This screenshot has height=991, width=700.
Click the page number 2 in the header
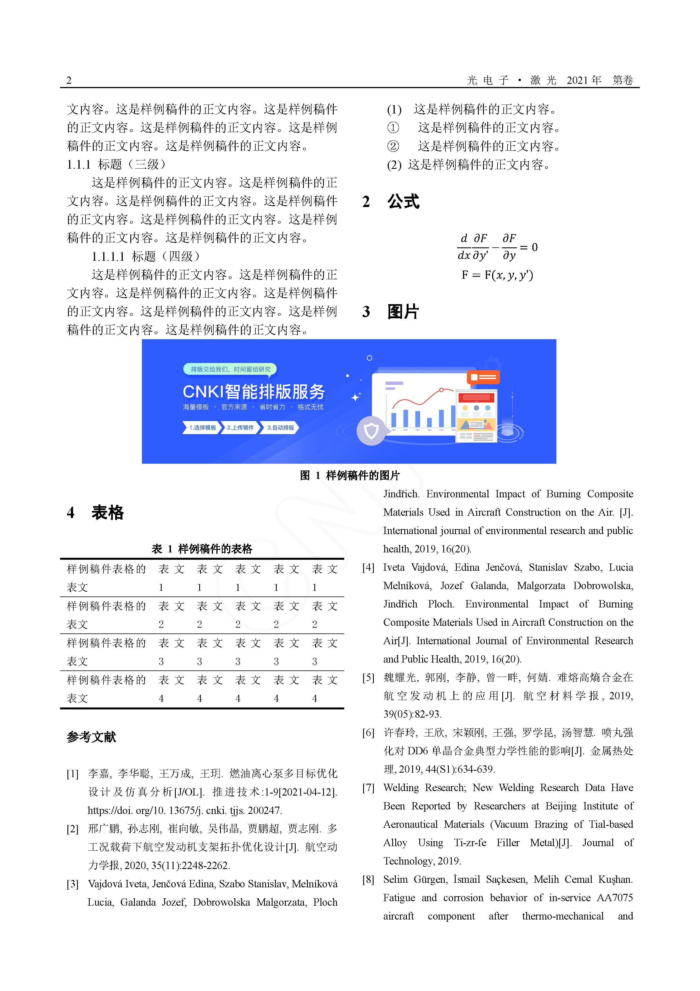click(69, 80)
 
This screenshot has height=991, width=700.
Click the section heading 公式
click(403, 202)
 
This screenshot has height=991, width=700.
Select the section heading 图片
click(403, 312)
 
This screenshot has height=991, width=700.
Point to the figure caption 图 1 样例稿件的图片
click(350, 476)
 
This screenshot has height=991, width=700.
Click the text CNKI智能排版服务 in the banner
click(254, 391)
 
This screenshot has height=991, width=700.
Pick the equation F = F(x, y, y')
click(497, 275)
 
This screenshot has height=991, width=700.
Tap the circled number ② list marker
click(393, 146)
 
